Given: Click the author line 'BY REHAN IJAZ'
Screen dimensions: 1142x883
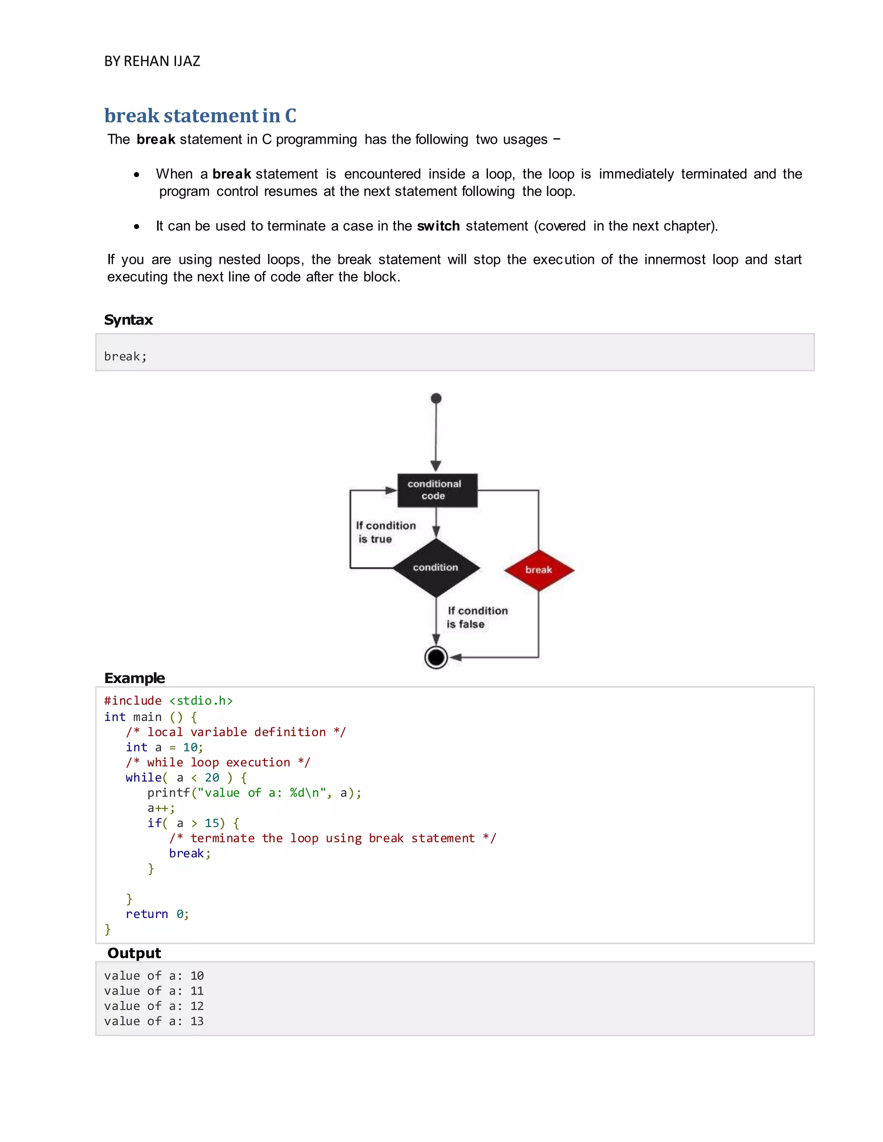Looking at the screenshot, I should tap(152, 61).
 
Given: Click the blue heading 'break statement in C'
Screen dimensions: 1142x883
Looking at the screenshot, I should tap(200, 115).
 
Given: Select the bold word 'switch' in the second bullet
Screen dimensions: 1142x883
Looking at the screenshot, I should tap(438, 226).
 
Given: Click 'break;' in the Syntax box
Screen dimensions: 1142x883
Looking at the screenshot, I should tap(125, 357).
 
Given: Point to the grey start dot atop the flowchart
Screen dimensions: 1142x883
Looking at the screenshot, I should tap(436, 399).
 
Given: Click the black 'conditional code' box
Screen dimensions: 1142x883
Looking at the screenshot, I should tap(437, 490).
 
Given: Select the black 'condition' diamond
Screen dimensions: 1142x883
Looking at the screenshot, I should tap(436, 568).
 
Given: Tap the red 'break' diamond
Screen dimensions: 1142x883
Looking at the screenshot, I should tap(539, 570).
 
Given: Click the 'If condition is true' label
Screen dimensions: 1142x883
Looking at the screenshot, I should tap(385, 532).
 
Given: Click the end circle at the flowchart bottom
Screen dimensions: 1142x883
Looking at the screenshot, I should tap(436, 657).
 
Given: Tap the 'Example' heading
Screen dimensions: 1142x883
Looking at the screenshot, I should tap(135, 678).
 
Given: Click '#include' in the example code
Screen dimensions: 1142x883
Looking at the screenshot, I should tap(133, 701).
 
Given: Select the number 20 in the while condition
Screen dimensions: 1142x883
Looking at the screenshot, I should tap(212, 777).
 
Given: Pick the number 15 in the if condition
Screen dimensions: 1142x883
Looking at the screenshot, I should tap(212, 823).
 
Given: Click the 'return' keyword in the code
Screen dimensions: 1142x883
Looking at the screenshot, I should tap(147, 914).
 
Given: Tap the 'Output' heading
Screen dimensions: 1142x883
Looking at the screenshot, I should tap(134, 953).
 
